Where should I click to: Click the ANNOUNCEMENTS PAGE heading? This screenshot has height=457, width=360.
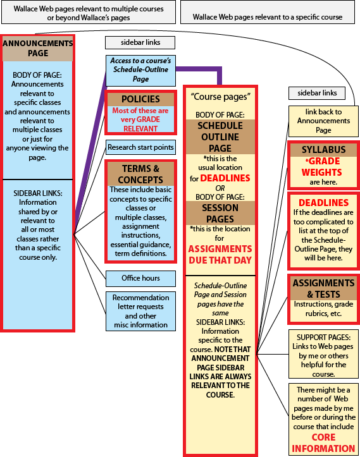point(38,49)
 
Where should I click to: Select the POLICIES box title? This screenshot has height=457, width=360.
point(140,99)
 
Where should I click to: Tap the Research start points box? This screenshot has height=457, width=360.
point(140,147)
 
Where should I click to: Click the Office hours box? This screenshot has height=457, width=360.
point(140,278)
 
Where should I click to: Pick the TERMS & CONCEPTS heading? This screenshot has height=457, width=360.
point(140,174)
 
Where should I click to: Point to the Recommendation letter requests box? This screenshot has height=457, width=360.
point(140,311)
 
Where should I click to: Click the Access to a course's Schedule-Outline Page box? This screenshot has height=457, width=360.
point(140,71)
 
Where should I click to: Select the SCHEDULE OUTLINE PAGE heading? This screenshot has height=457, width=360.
point(220,137)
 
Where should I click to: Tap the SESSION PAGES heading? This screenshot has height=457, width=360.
point(220,214)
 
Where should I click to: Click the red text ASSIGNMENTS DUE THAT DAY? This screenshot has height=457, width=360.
point(220,255)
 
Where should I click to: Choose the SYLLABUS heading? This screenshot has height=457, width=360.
point(323,150)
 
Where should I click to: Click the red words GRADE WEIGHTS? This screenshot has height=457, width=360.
point(322,167)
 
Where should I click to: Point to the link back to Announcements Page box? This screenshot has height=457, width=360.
point(323,121)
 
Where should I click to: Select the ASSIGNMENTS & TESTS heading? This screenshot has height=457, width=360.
point(323,288)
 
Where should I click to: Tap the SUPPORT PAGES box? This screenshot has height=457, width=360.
point(323,354)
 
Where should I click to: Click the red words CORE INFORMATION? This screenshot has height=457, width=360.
point(323,442)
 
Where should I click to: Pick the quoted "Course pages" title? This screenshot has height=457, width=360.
point(221,97)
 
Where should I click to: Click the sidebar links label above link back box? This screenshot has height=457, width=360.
point(317,93)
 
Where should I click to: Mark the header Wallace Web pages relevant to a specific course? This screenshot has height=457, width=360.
point(268,17)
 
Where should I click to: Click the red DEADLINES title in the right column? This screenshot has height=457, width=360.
point(323,202)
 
